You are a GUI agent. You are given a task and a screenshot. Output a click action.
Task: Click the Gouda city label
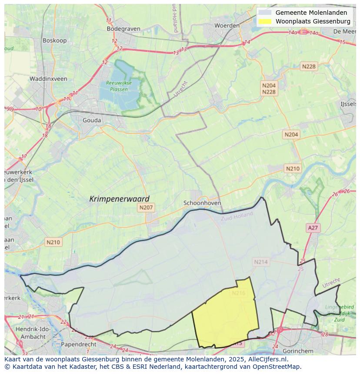tap(92, 120)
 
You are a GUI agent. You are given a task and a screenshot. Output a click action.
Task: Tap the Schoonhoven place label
tap(202, 203)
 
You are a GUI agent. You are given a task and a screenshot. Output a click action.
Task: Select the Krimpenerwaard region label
tap(119, 199)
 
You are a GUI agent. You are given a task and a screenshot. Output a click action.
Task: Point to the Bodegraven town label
tap(123, 29)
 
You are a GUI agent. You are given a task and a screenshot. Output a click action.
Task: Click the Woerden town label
tap(227, 26)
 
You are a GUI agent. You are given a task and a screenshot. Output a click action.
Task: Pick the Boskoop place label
tap(54, 40)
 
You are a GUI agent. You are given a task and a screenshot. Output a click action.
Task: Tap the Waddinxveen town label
tap(48, 79)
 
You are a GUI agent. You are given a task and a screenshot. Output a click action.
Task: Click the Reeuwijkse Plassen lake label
tap(119, 86)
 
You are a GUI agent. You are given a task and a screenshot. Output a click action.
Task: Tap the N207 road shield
tap(146, 208)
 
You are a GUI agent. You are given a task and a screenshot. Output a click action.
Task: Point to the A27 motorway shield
tap(313, 228)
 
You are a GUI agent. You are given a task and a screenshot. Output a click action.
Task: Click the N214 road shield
tap(261, 261)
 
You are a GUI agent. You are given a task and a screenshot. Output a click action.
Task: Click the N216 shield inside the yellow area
tap(239, 293)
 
